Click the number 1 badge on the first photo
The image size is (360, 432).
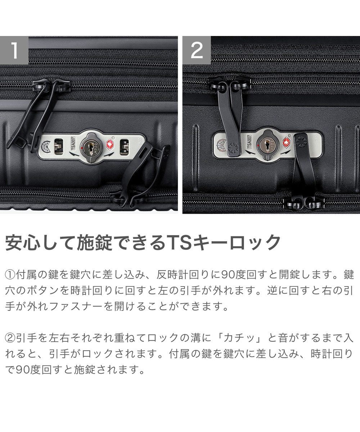pos(14,50)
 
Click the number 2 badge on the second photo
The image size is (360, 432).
pos(197,50)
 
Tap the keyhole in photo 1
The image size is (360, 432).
pos(91,148)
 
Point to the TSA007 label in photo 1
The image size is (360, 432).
pos(73,144)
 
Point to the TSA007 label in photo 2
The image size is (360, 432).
pos(249,141)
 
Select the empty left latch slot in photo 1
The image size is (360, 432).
pos(59,146)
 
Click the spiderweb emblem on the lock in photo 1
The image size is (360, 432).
pos(46,147)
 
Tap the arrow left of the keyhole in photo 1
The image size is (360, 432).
pos(74,154)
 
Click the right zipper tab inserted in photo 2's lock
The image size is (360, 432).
pos(304,166)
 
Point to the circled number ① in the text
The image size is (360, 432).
pos(10,275)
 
